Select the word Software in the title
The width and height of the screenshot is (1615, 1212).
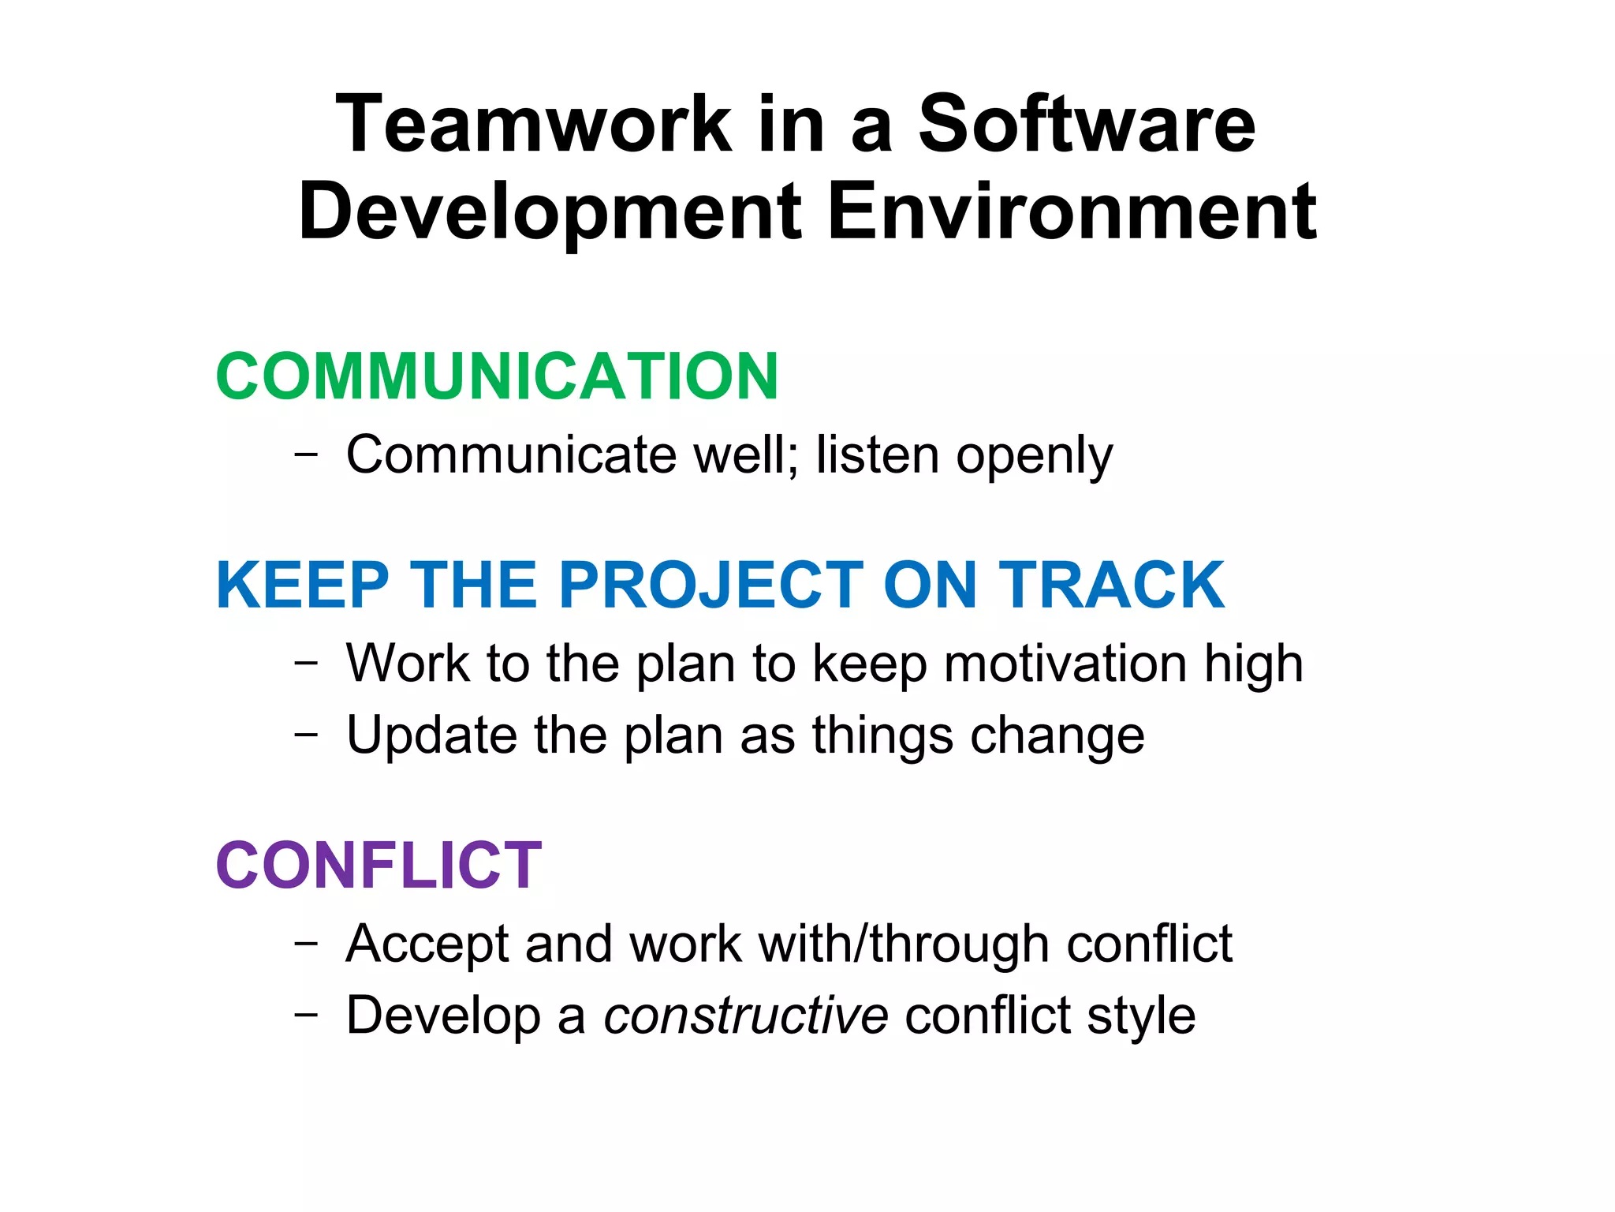1087,124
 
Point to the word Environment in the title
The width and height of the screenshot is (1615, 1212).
1072,211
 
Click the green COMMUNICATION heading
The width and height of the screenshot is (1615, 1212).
497,376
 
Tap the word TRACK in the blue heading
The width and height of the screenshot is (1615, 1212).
1112,585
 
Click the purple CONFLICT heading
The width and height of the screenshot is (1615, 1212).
379,866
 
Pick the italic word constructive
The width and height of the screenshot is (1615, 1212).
746,1015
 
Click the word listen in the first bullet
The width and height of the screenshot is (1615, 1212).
877,455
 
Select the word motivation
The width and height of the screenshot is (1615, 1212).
1065,663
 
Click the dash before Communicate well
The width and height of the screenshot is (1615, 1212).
306,454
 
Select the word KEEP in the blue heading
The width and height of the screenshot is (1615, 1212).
302,585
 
